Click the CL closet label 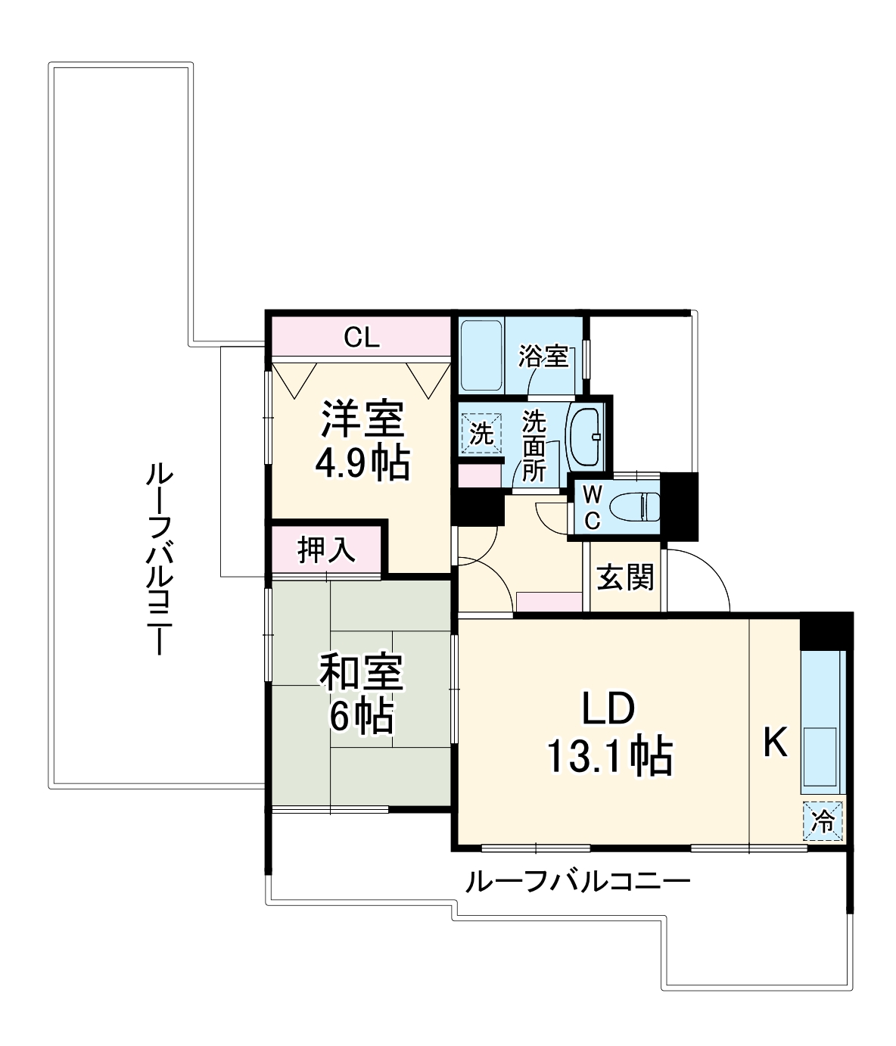[361, 338]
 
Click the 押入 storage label [326, 550]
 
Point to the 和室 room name [361, 673]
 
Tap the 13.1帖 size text [609, 755]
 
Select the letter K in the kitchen [775, 742]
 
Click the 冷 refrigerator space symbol [823, 820]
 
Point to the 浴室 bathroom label [543, 356]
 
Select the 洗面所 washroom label [534, 447]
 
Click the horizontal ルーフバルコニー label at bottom [578, 882]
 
